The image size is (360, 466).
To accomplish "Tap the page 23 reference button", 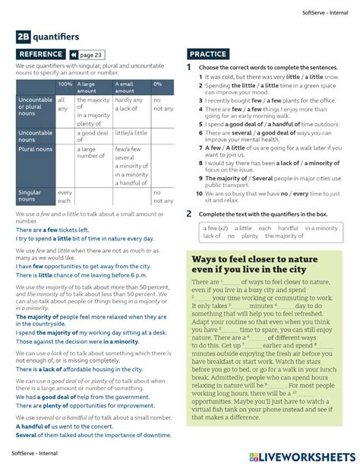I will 86,55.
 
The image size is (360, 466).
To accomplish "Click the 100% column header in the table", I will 65,84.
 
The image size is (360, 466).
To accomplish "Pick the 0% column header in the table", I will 158,84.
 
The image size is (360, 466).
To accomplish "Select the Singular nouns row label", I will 31,195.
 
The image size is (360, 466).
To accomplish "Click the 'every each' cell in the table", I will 65,196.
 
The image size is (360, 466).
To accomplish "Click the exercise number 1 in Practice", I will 189,68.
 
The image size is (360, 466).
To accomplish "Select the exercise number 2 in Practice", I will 189,214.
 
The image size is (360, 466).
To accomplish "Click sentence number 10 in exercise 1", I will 197,194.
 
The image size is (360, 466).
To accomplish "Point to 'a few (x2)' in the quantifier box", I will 213,228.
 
